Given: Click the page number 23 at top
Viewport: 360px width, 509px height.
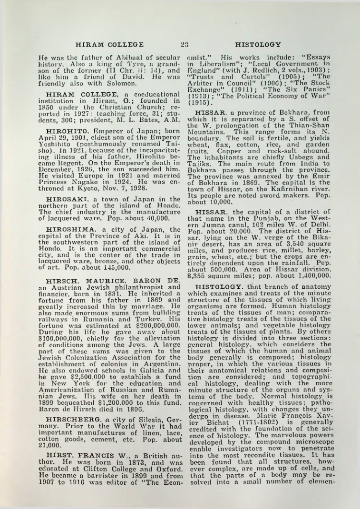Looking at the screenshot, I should pyautogui.click(x=185, y=44).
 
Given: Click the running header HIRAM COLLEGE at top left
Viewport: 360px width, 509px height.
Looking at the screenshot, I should pyautogui.click(x=110, y=44).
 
